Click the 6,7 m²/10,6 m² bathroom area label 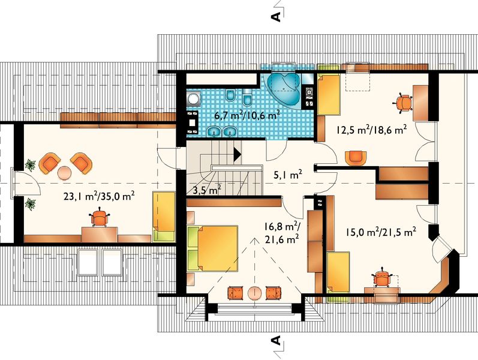pyautogui.click(x=247, y=115)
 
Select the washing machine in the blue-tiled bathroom pyautogui.click(x=193, y=99)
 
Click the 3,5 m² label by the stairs pyautogui.click(x=208, y=190)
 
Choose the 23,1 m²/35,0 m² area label pyautogui.click(x=100, y=196)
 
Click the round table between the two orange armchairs pyautogui.click(x=64, y=173)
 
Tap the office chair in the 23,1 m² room pyautogui.click(x=100, y=217)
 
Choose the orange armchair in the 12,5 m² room pyautogui.click(x=356, y=158)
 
